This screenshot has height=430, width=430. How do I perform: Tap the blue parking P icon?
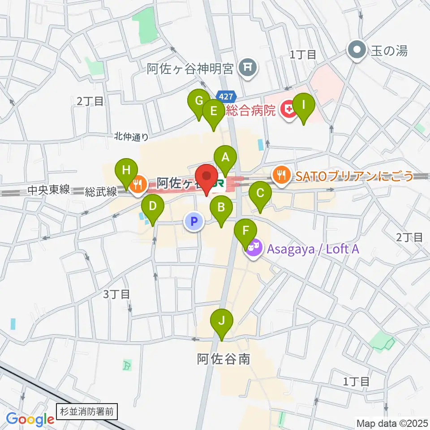[x=194, y=221]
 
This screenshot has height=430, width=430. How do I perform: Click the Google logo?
[x=30, y=419]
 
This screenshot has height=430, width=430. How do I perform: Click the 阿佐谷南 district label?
[x=223, y=359]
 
